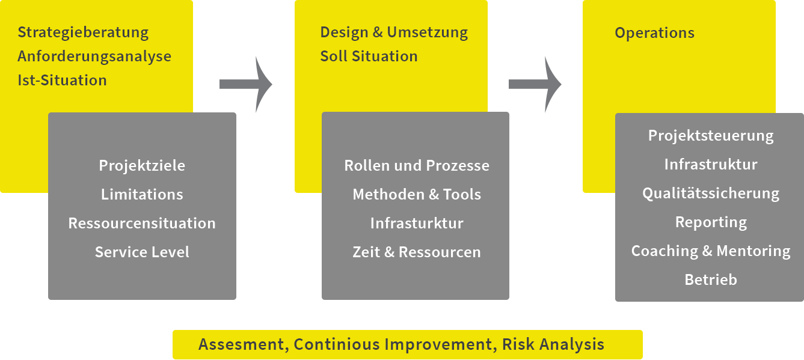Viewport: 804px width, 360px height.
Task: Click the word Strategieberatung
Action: coord(83,32)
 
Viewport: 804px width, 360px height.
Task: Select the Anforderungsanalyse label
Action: coord(94,56)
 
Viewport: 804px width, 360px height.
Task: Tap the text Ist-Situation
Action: coord(62,81)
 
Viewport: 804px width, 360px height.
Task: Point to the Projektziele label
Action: coord(142,165)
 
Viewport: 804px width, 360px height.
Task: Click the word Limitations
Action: coord(142,194)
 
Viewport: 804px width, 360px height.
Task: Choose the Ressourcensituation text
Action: coord(142,223)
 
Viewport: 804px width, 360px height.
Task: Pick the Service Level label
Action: coord(142,252)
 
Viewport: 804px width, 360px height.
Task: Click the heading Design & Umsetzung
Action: coord(394,32)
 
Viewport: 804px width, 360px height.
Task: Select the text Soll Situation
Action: coord(369,56)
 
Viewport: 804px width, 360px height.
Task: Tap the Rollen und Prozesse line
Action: coord(417,165)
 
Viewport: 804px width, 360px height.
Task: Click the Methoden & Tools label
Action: coord(417,194)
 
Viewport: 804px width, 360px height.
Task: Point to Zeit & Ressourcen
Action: coord(417,252)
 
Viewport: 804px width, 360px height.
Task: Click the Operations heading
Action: coord(654,33)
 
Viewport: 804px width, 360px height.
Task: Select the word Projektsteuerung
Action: coord(711,136)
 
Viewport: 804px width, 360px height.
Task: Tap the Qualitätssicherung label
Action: coord(711,194)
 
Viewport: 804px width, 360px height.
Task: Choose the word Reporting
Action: coord(711,222)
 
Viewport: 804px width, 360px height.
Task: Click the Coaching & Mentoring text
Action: coord(711,251)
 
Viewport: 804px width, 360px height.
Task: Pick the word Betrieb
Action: coord(711,279)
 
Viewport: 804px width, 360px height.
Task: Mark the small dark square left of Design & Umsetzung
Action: coord(246,84)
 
